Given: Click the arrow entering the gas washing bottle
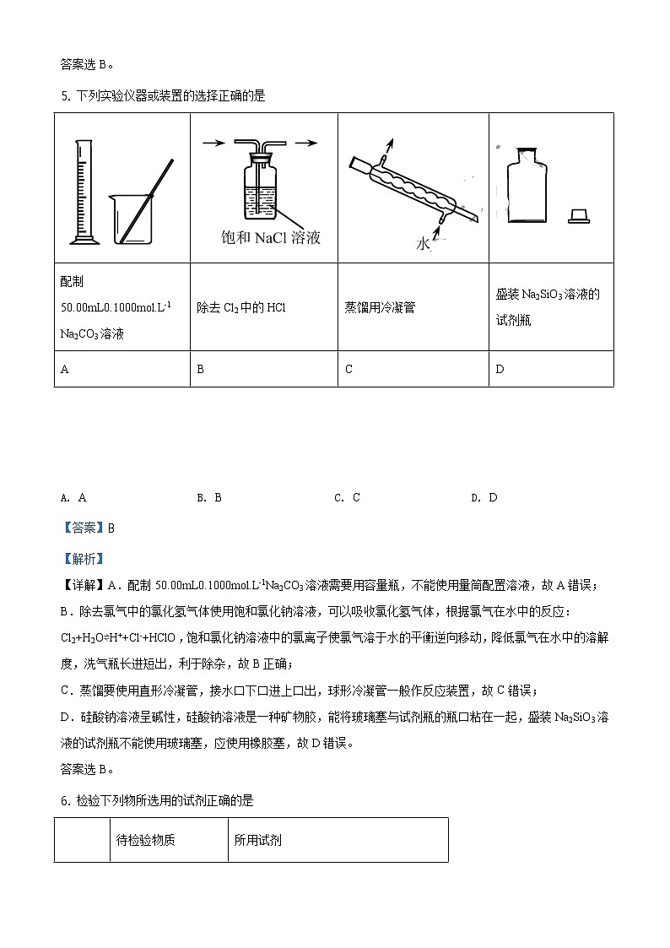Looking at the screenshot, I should point(212,144).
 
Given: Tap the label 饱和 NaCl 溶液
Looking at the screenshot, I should point(270,238).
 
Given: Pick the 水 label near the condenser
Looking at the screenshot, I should point(423,244).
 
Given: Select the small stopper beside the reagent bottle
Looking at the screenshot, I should point(579,217).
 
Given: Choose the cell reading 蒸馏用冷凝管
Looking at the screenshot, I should point(380,308).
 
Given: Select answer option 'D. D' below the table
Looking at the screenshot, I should point(484,497).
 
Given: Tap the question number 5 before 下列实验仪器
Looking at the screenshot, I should point(65,96).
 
